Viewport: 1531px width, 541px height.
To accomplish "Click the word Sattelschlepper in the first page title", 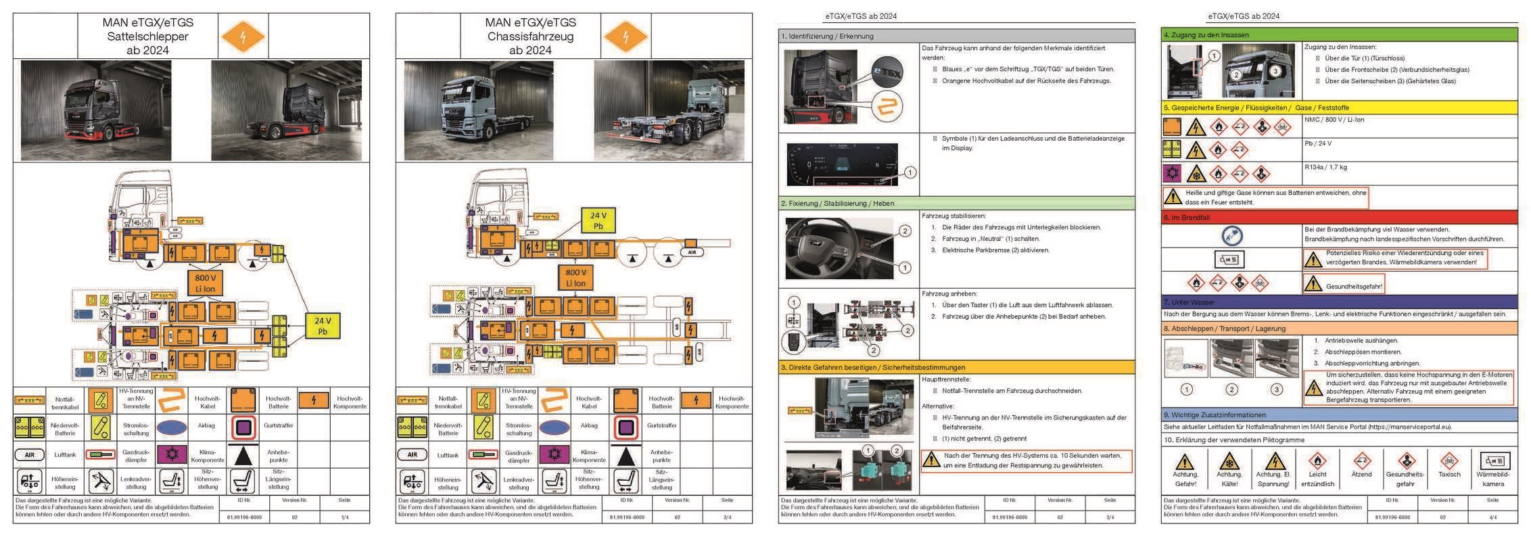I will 147,37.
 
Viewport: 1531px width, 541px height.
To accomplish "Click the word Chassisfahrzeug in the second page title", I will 530,37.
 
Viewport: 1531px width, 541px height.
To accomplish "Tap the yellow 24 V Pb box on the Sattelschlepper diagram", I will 322,326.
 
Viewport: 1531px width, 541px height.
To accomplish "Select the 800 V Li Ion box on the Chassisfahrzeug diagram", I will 575,277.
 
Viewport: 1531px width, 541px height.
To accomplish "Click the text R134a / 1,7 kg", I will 1325,167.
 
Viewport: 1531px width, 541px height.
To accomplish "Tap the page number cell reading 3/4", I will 1110,517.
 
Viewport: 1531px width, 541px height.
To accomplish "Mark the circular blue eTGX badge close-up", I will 887,72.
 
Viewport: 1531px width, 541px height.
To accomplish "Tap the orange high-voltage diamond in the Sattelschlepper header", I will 243,37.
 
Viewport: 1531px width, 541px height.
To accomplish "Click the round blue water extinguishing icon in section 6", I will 1231,235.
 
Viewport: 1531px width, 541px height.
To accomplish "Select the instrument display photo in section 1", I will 842,164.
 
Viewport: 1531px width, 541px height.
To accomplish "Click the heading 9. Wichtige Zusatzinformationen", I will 1215,415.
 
